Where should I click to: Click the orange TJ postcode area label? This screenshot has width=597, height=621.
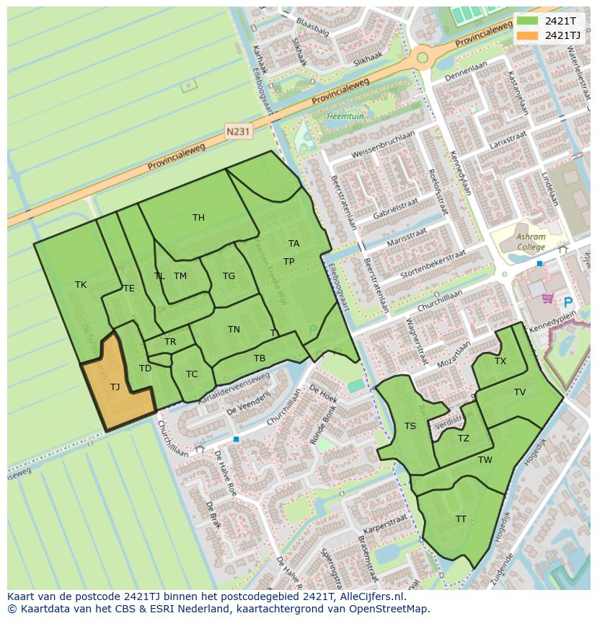115,387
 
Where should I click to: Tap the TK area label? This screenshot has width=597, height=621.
81,285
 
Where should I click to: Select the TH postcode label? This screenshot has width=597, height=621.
198,218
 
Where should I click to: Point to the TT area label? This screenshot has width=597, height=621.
461,519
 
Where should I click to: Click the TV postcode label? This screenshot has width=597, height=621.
520,392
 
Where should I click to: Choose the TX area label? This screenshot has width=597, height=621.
500,361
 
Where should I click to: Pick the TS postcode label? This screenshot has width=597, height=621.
410,426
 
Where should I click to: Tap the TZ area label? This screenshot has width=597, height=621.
464,439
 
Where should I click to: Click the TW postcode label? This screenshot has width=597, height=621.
485,460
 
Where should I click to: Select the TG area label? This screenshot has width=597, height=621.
229,276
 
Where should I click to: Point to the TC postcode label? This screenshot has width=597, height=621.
192,374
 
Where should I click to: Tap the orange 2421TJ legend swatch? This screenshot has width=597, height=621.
527,35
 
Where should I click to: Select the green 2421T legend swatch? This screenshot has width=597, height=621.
527,21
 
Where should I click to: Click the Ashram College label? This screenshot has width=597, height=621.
531,242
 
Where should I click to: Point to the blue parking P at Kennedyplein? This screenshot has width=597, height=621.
568,304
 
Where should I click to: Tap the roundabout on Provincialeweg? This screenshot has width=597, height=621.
422,58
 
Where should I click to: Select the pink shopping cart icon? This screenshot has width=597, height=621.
547,297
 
